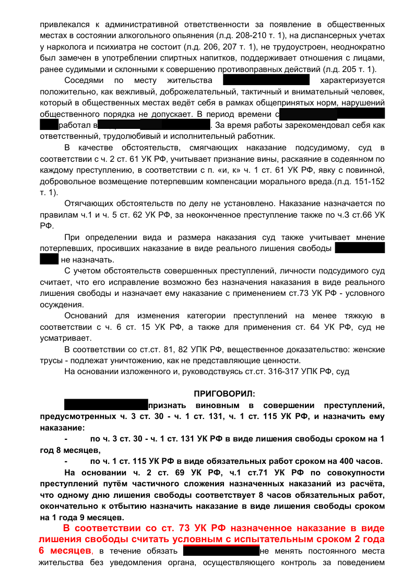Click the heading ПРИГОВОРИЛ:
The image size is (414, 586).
(224, 393)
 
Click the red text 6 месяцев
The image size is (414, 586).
(65, 551)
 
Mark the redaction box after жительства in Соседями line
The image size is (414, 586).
(266, 80)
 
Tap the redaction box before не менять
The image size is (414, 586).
(221, 551)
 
